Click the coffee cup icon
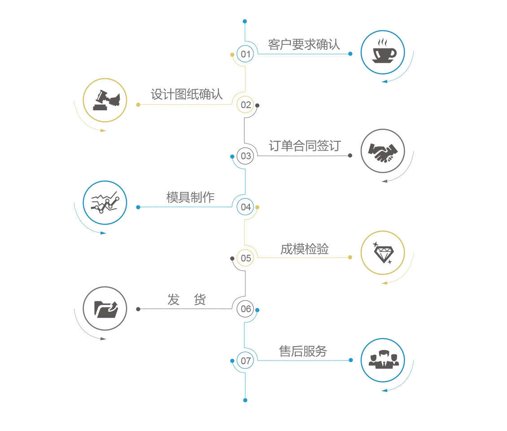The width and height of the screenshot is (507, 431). [384, 52]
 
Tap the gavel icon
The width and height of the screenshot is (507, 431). [106, 100]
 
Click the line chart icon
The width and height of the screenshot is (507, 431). [105, 202]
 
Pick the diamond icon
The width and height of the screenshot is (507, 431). [383, 253]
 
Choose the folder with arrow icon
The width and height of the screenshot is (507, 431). [106, 309]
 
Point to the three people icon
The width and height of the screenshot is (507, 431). [384, 359]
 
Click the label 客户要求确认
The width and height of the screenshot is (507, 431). [304, 44]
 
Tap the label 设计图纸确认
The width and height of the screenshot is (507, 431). [187, 95]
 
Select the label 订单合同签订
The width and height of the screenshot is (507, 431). [305, 146]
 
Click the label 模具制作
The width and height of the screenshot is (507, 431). [190, 197]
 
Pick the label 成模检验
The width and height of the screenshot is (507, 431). [305, 249]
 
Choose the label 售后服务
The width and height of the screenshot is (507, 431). [303, 351]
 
